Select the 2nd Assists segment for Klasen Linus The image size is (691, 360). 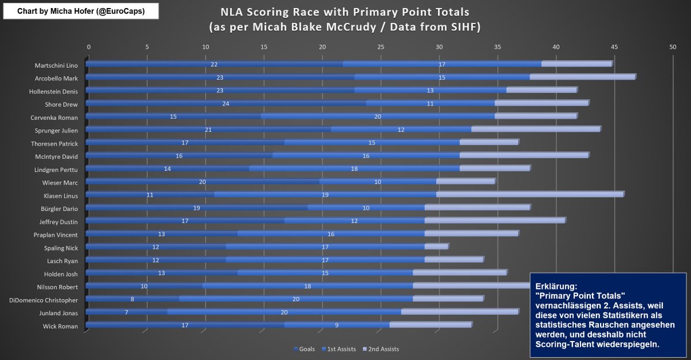(530, 194)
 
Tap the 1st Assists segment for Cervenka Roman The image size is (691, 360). (378, 116)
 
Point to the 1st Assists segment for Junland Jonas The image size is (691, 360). (284, 312)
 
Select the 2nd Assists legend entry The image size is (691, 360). (382, 349)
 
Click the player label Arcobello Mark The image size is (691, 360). (56, 78)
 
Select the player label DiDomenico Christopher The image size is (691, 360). (43, 300)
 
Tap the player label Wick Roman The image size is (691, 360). (60, 326)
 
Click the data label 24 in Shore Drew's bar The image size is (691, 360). (225, 103)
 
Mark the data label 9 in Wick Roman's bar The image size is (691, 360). (336, 325)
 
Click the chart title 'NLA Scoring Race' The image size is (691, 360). (345, 12)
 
